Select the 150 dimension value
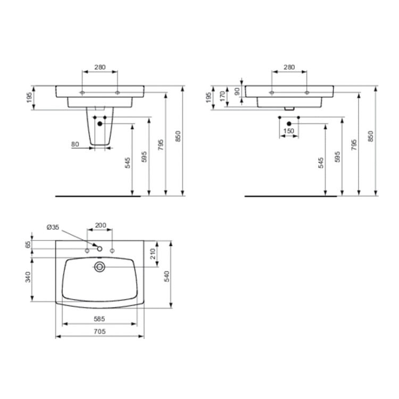(x=288, y=131)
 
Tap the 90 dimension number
(x=236, y=90)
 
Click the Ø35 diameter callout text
(x=53, y=227)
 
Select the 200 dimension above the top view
(x=100, y=225)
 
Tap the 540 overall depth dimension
(x=166, y=275)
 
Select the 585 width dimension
(x=99, y=319)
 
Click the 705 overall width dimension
(x=99, y=331)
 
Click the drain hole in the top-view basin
(x=99, y=266)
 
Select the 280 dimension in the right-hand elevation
(x=289, y=67)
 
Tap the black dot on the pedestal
(x=99, y=124)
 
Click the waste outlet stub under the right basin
(x=289, y=108)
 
